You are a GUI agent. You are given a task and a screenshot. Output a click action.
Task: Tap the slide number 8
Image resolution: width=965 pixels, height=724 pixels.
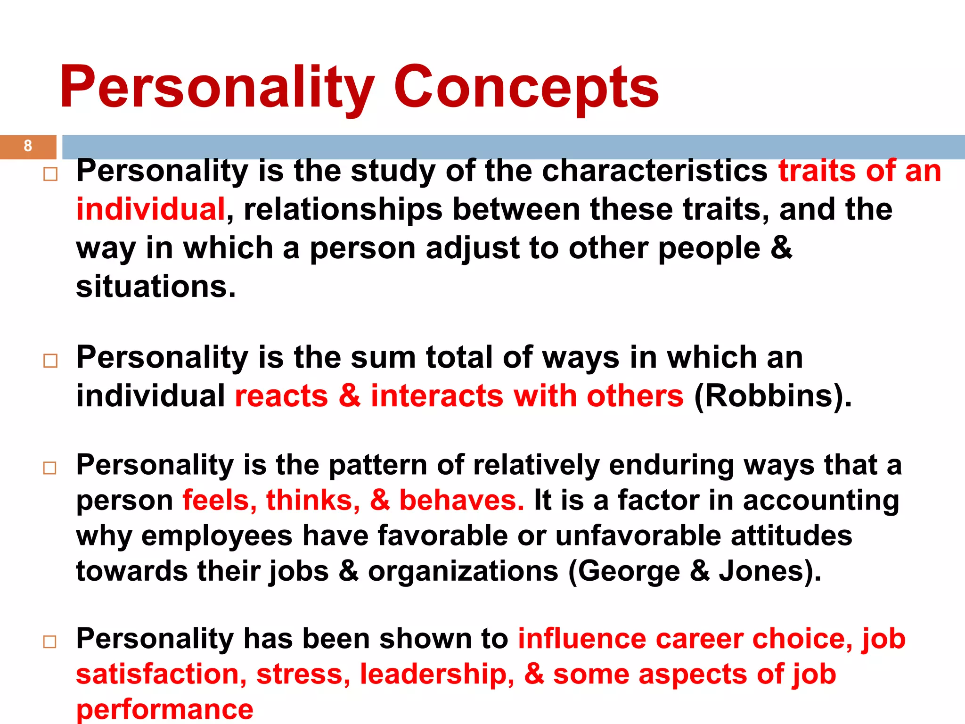click(28, 146)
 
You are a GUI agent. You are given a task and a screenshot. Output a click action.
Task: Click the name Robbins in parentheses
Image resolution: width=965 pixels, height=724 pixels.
click(773, 396)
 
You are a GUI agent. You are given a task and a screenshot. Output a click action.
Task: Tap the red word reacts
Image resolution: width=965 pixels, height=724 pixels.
click(281, 396)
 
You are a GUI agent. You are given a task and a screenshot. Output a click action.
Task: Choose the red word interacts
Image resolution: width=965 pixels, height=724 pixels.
click(437, 396)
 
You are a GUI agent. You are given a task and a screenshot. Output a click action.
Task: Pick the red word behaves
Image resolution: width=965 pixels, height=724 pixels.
click(461, 500)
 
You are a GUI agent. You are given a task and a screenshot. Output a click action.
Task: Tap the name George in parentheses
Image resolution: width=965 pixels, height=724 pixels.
click(629, 572)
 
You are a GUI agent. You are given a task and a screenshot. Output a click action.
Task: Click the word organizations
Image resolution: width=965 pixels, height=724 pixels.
click(463, 572)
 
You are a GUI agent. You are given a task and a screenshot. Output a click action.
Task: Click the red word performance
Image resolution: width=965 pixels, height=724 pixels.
click(165, 709)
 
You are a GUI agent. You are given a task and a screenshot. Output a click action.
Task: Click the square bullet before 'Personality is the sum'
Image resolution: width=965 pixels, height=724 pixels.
click(50, 361)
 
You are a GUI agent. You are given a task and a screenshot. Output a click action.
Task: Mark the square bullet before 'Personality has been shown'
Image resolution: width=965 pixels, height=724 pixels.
click(50, 642)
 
